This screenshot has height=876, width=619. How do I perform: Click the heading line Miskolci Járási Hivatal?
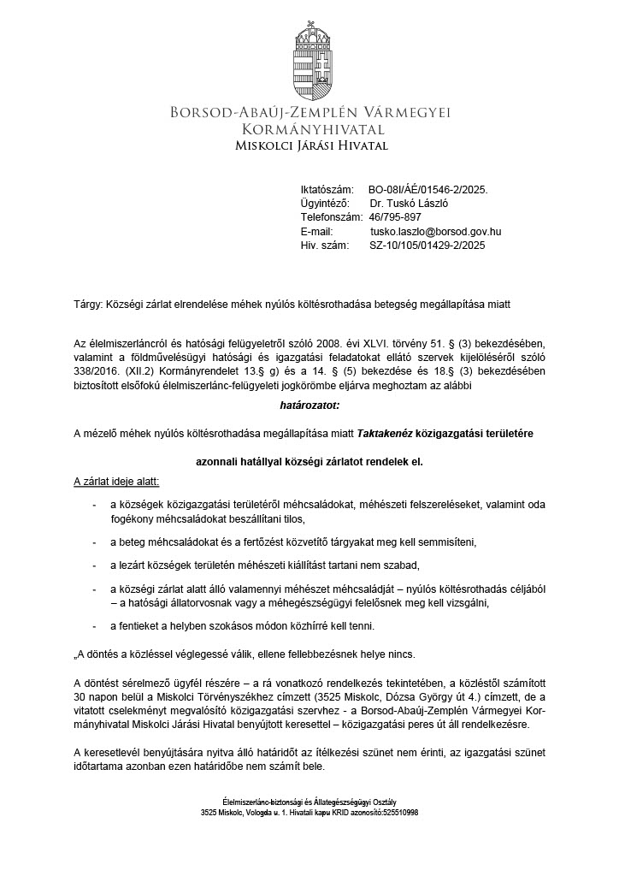click(x=311, y=145)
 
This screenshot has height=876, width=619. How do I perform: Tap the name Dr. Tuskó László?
click(x=410, y=204)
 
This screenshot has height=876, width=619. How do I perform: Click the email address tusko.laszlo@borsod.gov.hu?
click(x=435, y=231)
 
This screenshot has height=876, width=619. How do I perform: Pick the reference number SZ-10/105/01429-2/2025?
click(x=427, y=245)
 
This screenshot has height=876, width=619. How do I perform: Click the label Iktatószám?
click(x=327, y=190)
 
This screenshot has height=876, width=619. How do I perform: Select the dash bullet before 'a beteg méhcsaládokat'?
click(x=94, y=542)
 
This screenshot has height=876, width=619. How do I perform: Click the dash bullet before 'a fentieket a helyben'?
click(x=94, y=625)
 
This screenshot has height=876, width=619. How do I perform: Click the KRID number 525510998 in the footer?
click(x=400, y=813)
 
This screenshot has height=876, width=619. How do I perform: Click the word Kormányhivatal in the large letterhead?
click(x=311, y=129)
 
